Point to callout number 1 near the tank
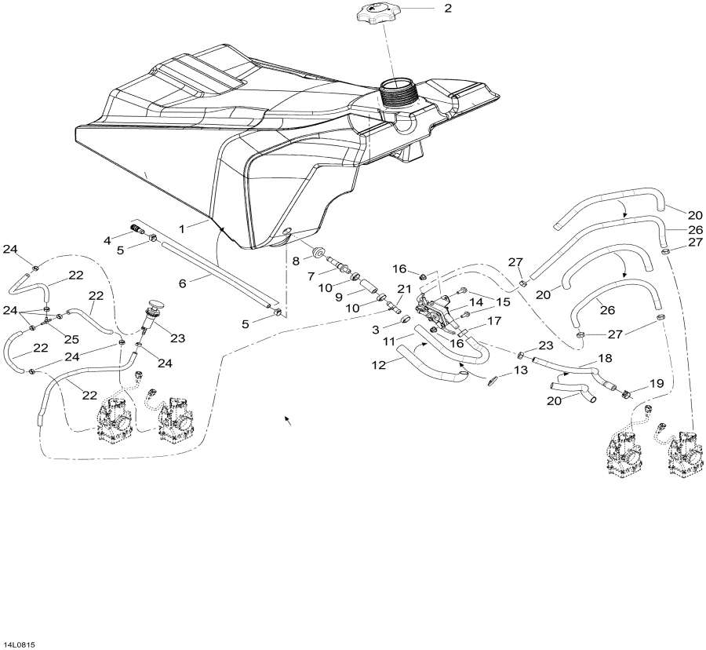(181, 228)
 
